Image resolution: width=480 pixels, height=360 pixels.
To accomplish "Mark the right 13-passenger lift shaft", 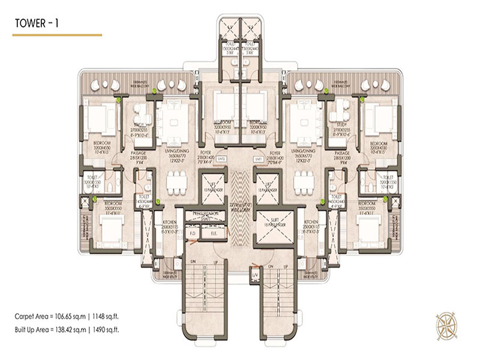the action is pos(266,187).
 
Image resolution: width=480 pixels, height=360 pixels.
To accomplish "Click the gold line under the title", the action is pos(57,35).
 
